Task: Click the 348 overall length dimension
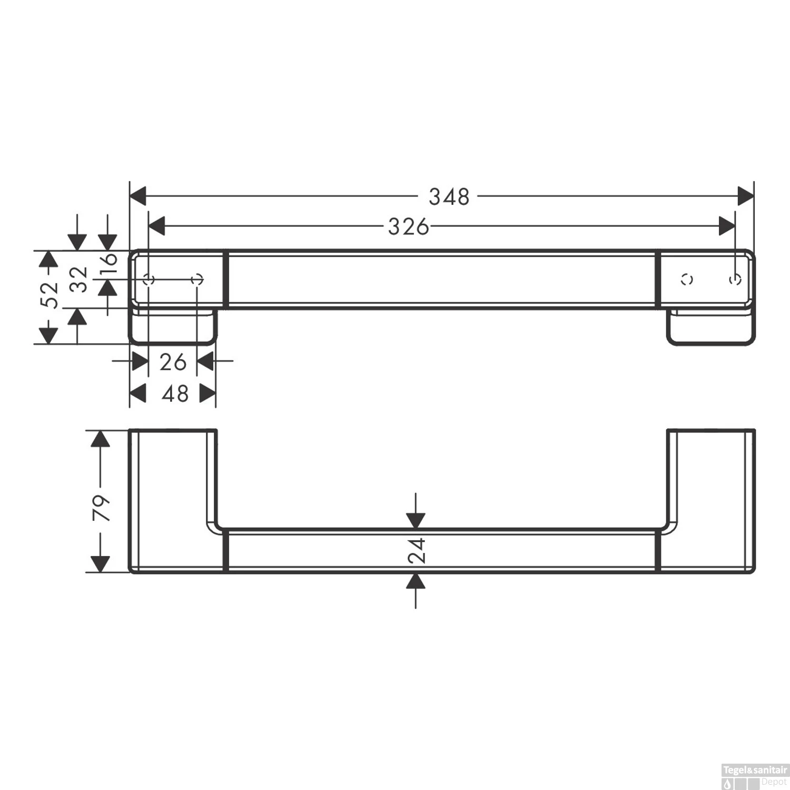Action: coord(449,197)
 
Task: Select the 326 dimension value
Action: coord(408,227)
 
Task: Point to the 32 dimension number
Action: coord(79,279)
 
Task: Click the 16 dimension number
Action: coord(108,260)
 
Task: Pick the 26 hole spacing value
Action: coord(173,362)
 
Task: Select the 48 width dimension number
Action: coord(175,394)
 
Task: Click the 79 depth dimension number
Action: coord(101,508)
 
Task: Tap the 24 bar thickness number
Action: coord(417,551)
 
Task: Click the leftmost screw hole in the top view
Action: coord(149,279)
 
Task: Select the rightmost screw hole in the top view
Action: coord(735,279)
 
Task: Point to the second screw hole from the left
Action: coord(197,279)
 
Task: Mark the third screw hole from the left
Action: coord(687,279)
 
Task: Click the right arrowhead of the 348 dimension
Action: coord(746,196)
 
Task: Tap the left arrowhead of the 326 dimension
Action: coord(157,226)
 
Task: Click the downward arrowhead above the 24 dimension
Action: coord(416,520)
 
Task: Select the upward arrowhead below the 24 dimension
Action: coord(416,581)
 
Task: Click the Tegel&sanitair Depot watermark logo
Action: coord(754,776)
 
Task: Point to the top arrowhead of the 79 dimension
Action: coord(100,438)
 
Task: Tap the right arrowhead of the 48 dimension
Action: coord(208,393)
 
